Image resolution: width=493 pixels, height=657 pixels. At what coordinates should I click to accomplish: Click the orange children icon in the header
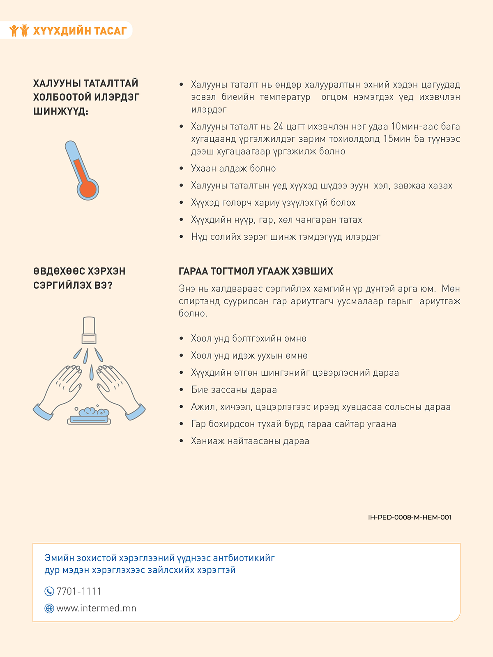point(19,30)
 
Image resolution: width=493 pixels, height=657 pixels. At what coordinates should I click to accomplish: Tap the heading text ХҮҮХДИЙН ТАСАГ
point(80,31)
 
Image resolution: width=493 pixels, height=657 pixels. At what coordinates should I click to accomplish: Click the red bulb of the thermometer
point(88,189)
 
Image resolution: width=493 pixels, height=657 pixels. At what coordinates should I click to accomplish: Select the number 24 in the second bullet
point(278,126)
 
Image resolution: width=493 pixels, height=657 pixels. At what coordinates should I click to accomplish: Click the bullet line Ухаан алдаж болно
point(233,168)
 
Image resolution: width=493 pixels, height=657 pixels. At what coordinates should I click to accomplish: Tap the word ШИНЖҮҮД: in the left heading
point(60,111)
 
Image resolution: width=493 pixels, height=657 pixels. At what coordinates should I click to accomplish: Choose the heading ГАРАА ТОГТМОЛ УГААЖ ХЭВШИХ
point(256,271)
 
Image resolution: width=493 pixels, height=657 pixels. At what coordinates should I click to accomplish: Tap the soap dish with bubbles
point(89,416)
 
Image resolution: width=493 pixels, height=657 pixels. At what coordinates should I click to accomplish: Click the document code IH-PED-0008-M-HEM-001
point(409,517)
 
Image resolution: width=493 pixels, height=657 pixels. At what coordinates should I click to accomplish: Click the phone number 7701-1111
point(79,591)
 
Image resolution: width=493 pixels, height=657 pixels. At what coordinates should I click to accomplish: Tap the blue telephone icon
point(49,591)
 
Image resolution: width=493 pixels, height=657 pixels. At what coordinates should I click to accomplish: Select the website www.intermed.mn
point(96,608)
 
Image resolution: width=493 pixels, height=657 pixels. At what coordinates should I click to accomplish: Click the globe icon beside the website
point(49,609)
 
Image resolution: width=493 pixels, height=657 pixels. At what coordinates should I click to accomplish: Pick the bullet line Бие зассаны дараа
point(234,390)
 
